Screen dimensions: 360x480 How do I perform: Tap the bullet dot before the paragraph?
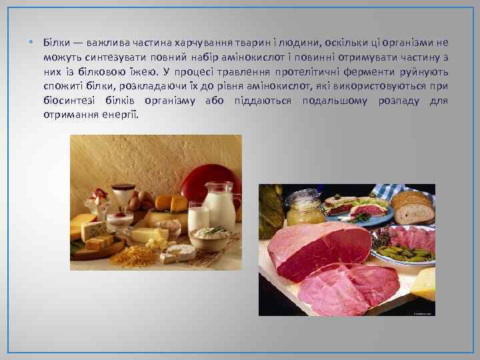tap(31, 43)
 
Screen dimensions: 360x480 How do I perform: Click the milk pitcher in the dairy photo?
tap(221, 206)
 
